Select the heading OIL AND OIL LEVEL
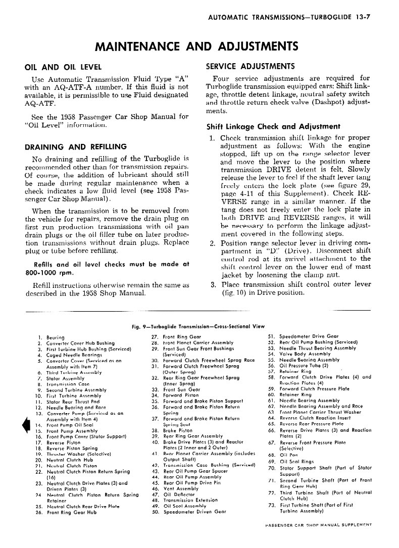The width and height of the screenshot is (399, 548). (x=63, y=67)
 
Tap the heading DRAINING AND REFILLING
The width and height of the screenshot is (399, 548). (x=76, y=147)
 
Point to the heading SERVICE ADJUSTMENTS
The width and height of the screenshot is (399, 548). (x=251, y=66)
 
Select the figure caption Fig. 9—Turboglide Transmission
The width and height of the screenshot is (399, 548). (x=197, y=326)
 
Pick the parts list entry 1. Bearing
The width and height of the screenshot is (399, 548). (x=51, y=337)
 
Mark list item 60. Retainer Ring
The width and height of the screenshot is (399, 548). (x=298, y=394)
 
